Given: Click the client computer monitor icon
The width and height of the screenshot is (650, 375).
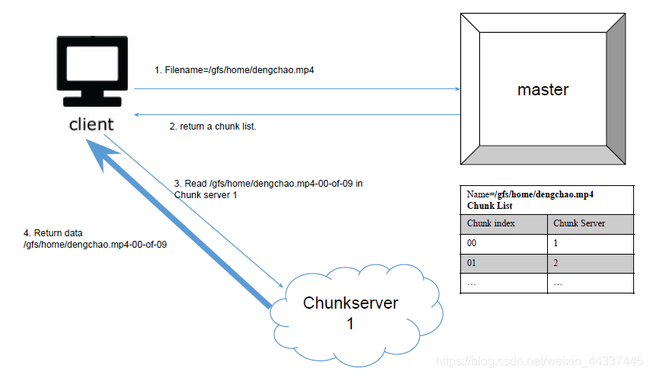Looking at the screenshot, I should tap(93, 72).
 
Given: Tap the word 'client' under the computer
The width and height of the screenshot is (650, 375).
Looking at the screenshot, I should tap(91, 123).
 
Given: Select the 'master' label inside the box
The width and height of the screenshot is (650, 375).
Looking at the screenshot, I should tap(543, 89).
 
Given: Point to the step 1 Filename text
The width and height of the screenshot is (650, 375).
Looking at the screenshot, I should tap(235, 70).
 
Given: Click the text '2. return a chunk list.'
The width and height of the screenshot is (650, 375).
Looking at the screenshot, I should tap(213, 127).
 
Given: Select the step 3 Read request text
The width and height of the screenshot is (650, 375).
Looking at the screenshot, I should tap(267, 188).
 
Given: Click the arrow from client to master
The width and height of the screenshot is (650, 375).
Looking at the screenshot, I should tap(297, 89).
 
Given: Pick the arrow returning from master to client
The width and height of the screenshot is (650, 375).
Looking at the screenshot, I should tap(297, 114).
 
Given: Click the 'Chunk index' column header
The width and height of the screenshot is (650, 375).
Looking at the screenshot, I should tap(491, 223).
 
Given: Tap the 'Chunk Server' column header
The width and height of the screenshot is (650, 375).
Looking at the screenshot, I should tap(579, 223).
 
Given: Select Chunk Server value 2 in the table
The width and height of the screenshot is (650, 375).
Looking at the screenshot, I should tap(557, 263).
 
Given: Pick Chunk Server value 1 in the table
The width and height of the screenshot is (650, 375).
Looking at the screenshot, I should tap(557, 243).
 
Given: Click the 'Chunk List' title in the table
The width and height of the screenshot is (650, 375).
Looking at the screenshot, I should tap(490, 206).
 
